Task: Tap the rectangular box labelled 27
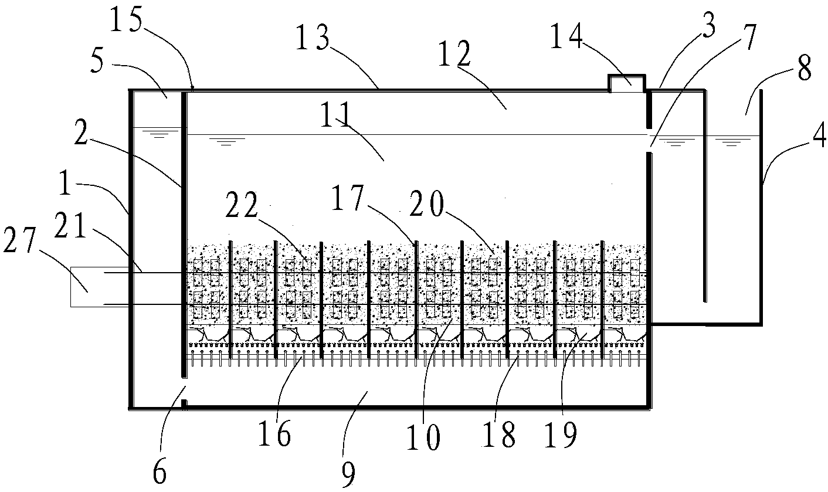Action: click(x=87, y=287)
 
